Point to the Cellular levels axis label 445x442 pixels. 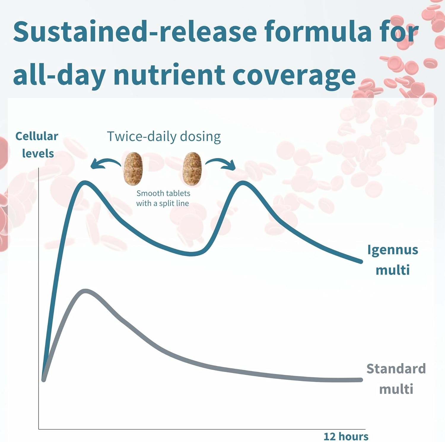click(x=37, y=145)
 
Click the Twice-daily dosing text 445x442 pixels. click(x=164, y=137)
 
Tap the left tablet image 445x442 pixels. click(x=133, y=168)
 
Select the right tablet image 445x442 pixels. click(x=192, y=168)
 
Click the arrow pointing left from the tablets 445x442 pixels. click(x=105, y=163)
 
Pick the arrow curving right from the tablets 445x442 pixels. click(x=221, y=163)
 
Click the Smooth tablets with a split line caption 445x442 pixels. click(x=163, y=198)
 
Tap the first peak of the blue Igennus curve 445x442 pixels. click(x=85, y=182)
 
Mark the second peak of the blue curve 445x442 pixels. click(x=243, y=183)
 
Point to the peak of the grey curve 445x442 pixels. click(x=85, y=291)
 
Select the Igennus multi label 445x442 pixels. click(x=392, y=260)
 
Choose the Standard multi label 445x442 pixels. click(x=396, y=379)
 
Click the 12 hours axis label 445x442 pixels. click(x=346, y=436)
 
